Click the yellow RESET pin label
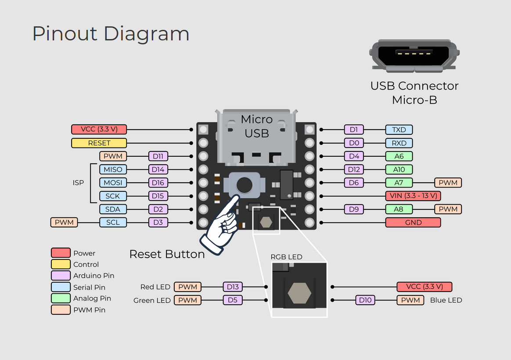(99, 143)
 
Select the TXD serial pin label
(399, 130)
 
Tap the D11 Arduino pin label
(158, 156)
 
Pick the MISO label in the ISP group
(113, 169)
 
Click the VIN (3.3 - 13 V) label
(413, 196)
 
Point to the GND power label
(413, 223)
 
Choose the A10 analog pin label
(399, 169)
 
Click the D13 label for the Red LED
(233, 287)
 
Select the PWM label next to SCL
(64, 223)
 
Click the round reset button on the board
(244, 185)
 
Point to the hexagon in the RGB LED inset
(299, 293)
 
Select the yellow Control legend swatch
(61, 264)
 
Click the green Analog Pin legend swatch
(61, 298)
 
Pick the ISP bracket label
(78, 183)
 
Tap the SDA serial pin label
(113, 209)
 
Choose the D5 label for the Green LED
(233, 300)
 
